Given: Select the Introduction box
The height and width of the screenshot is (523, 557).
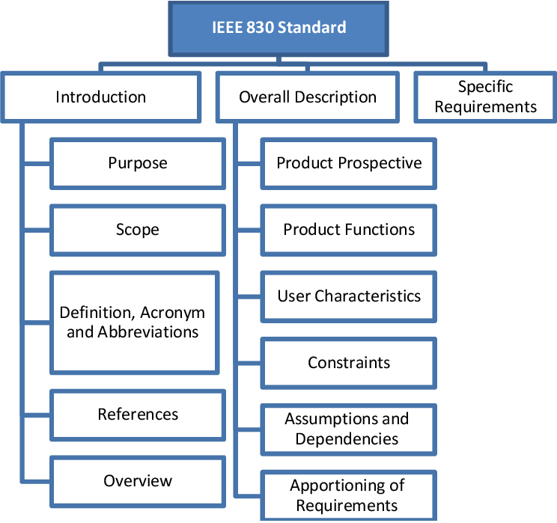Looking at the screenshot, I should point(101,97).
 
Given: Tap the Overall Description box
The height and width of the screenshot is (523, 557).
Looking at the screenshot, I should point(308,97).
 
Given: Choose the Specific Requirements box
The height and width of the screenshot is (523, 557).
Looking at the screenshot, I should point(485,97).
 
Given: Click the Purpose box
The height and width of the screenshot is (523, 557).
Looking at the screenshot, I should point(138,163).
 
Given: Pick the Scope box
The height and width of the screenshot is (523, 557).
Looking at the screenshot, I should point(138,230).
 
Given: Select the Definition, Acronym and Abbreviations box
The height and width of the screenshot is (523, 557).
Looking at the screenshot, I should point(133,322).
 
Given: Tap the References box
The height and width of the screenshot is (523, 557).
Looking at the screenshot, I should point(138,414).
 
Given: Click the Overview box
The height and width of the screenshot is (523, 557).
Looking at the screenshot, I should point(138,480).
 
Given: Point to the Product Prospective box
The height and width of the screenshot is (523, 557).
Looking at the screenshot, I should point(349,163).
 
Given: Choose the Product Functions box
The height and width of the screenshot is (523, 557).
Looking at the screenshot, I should point(349,230).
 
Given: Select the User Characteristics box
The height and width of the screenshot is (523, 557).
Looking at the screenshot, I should point(349,296).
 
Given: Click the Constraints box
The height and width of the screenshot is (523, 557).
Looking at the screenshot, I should point(349,363).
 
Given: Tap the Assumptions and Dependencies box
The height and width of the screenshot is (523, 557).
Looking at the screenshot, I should point(347,429).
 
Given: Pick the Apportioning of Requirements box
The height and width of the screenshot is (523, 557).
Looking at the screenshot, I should point(347,495).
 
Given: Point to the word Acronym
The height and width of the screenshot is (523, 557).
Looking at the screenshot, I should point(173,313).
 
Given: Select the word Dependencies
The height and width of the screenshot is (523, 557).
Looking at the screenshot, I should point(347,439).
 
